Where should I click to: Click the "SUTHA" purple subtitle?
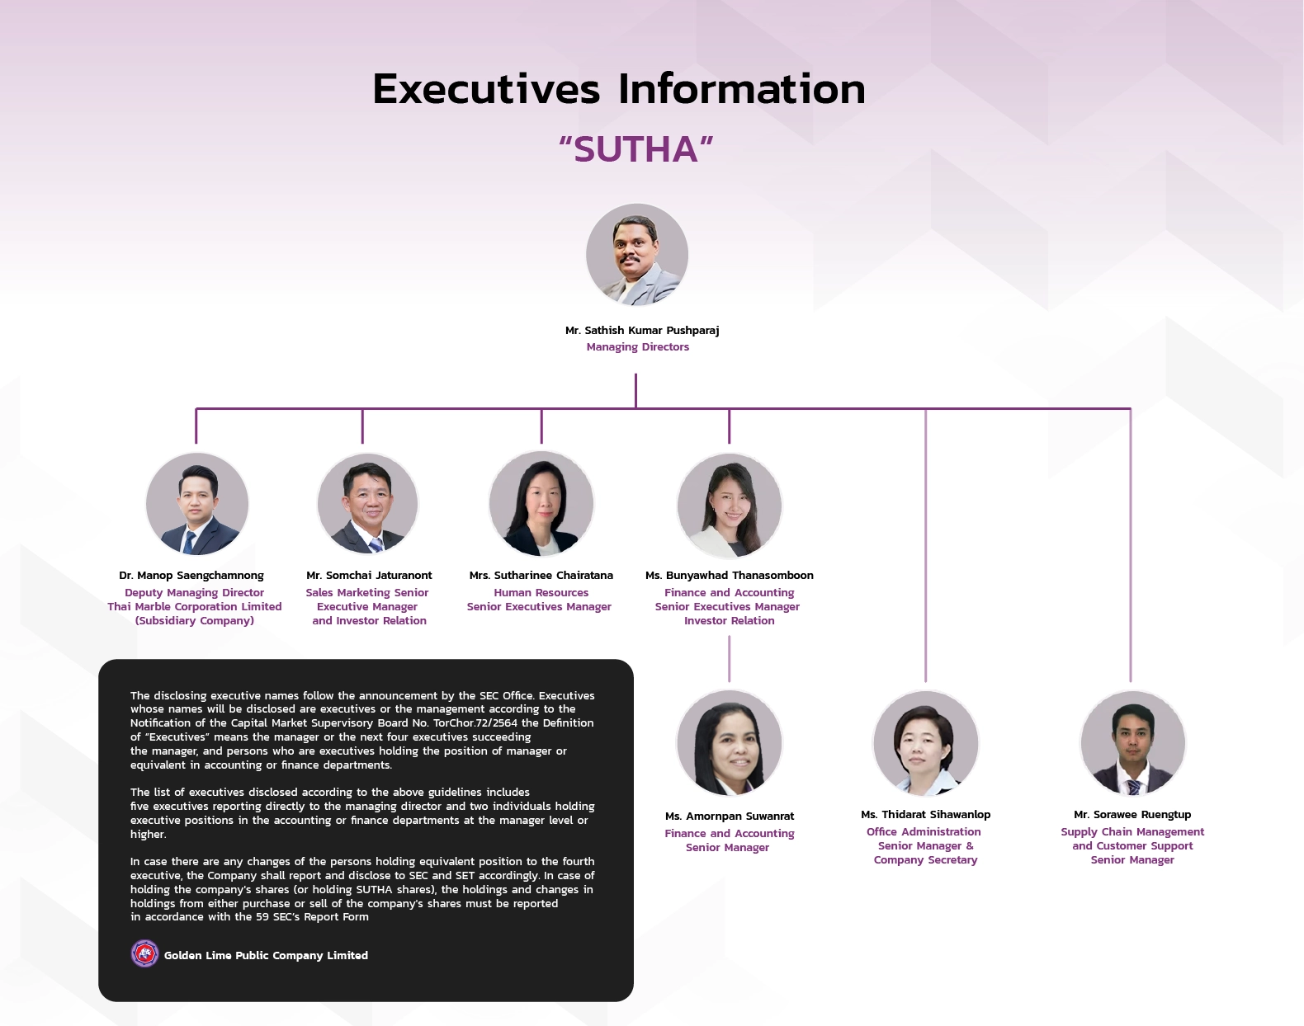click(635, 149)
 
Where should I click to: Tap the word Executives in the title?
click(486, 89)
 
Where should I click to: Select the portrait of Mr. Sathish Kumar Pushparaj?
click(637, 255)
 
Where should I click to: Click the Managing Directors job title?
click(638, 347)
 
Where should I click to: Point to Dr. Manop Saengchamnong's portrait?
click(197, 504)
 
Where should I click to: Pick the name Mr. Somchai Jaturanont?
click(369, 576)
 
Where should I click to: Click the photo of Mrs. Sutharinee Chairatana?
click(541, 504)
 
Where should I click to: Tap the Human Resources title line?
click(541, 593)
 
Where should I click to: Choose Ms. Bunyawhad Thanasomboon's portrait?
click(730, 506)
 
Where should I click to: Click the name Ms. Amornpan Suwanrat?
click(730, 817)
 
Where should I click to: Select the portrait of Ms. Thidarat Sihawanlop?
click(926, 743)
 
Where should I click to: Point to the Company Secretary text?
click(926, 860)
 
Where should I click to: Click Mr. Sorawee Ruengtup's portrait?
click(1133, 743)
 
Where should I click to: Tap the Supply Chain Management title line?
click(1132, 832)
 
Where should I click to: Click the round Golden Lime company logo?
click(145, 954)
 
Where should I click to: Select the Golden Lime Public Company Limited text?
click(266, 956)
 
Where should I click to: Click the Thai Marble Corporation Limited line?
click(195, 607)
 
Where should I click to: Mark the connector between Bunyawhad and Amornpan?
click(730, 658)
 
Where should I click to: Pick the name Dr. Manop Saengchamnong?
click(191, 576)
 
